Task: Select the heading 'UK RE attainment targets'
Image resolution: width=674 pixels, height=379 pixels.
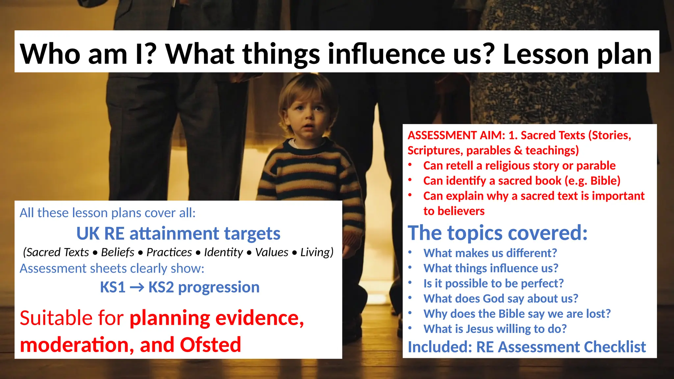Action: point(178,234)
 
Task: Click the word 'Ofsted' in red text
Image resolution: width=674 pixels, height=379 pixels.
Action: point(210,345)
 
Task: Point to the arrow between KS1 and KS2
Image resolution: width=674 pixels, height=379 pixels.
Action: point(137,288)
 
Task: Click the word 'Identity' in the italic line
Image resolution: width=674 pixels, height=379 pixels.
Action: point(223,252)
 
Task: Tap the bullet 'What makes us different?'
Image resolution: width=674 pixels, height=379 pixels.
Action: point(490,253)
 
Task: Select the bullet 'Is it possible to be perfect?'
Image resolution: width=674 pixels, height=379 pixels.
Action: point(493,283)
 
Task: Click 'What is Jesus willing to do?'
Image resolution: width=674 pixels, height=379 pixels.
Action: point(495,329)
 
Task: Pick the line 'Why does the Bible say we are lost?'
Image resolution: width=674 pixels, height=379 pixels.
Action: point(517,314)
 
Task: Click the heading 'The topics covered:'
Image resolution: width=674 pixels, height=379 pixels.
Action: point(497,233)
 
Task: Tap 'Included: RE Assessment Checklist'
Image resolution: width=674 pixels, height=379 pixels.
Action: point(527,347)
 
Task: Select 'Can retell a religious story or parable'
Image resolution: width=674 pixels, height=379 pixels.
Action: point(519,165)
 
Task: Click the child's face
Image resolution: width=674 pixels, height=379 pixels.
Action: point(308,115)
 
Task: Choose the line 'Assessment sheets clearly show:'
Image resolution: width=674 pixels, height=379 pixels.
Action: point(112,268)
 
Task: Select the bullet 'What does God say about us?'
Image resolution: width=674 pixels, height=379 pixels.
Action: point(501,298)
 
